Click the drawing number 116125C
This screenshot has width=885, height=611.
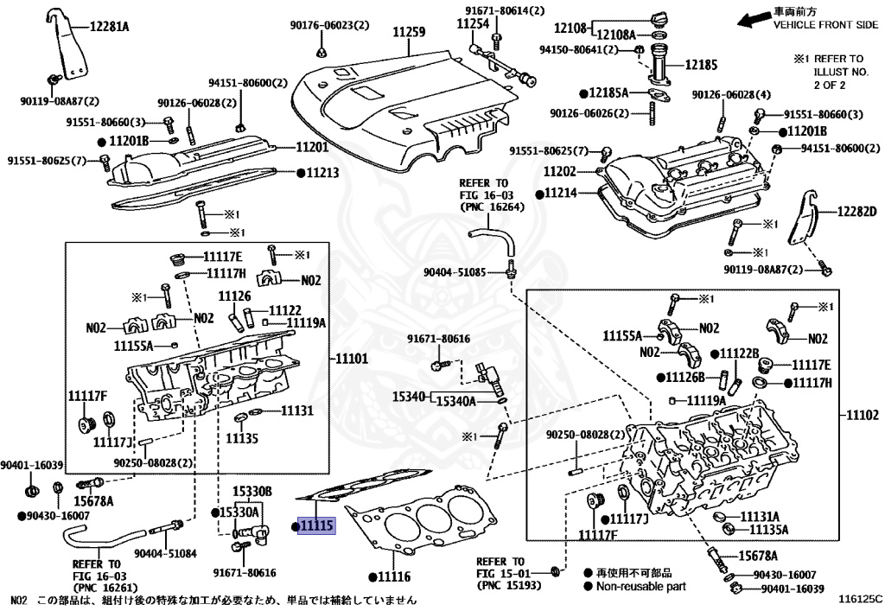point(858,598)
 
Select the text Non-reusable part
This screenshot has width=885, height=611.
point(640,586)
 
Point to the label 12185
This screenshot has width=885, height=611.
point(702,64)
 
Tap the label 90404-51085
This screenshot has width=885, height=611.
point(455,272)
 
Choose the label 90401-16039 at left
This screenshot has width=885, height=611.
point(33,465)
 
